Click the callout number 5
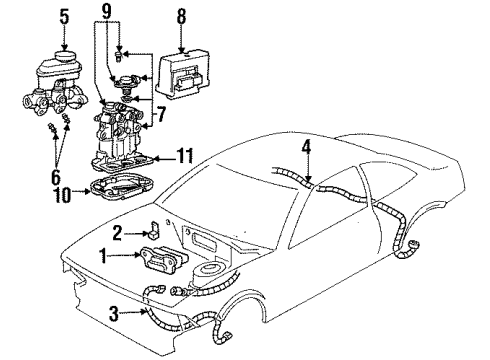coord(65,17)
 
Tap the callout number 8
coord(181,17)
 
